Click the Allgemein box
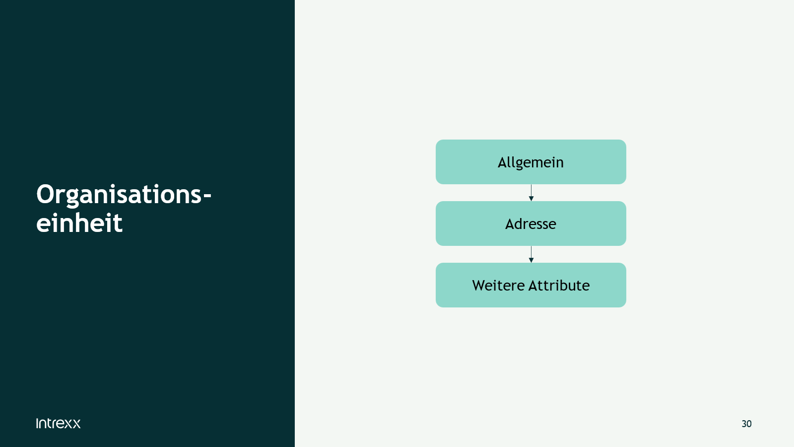pos(530,162)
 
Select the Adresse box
pos(530,223)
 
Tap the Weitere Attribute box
pos(530,285)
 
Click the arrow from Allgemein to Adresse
pos(531,193)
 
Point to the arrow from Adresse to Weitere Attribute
pos(531,254)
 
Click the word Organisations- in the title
pos(124,195)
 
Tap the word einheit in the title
pos(79,223)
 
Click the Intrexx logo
pos(58,423)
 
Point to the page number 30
pos(746,424)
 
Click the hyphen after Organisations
pos(207,196)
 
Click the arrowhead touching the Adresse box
pos(531,199)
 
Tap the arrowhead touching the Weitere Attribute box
pos(531,260)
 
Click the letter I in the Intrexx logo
pos(37,423)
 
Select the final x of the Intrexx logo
pos(76,424)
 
